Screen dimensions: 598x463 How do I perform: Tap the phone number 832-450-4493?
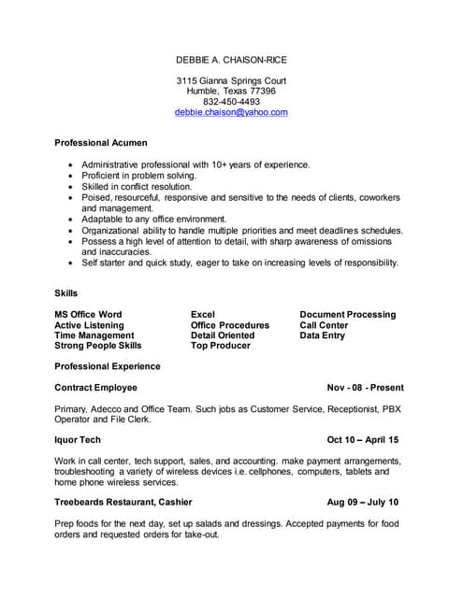(x=231, y=102)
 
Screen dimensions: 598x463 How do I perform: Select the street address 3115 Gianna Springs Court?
(x=231, y=81)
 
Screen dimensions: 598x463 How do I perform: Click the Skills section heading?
(x=66, y=293)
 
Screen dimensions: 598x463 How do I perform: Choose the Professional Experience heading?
(x=108, y=366)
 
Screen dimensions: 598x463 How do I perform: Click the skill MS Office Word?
(x=88, y=315)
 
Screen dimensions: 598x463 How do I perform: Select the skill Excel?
(x=203, y=315)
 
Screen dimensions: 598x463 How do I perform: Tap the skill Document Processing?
(x=348, y=315)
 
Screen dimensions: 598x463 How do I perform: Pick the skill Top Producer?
(x=221, y=346)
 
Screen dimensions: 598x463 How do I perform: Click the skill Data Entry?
(x=323, y=335)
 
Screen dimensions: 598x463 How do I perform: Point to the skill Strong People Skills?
(x=98, y=346)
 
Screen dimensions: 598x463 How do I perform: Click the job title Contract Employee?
(x=96, y=387)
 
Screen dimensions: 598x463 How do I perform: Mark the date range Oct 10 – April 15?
(x=363, y=439)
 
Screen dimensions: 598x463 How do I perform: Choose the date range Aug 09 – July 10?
(x=363, y=502)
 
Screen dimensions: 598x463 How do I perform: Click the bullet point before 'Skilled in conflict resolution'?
(x=71, y=187)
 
